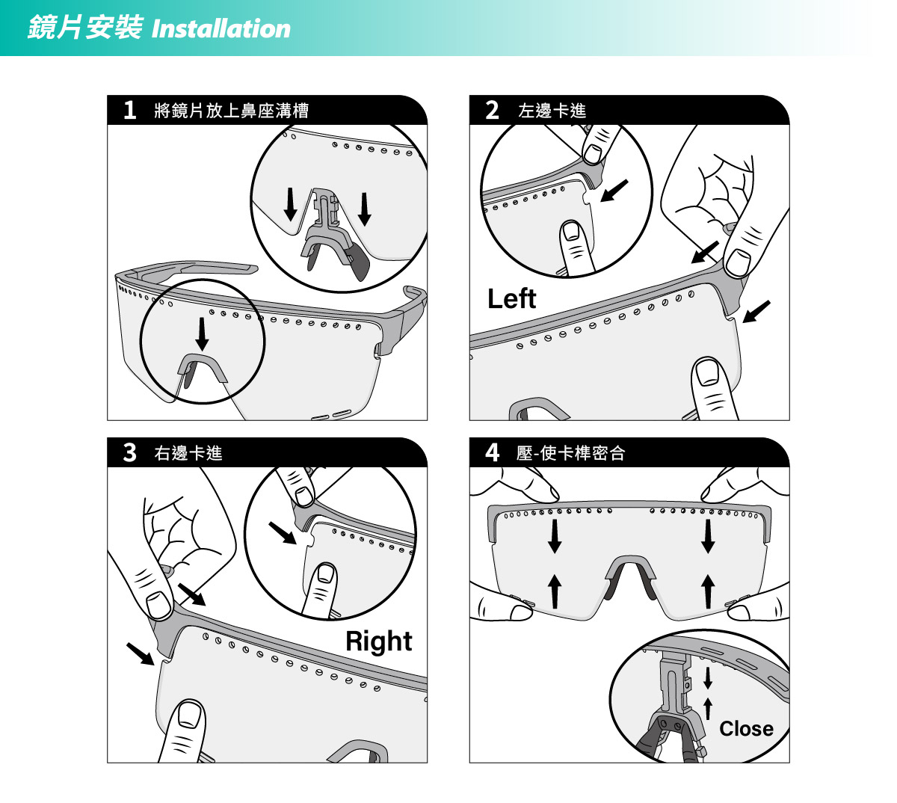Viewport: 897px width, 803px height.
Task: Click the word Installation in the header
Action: pos(221,29)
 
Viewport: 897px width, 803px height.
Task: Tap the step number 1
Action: pos(129,110)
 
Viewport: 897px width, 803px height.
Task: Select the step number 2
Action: pos(492,110)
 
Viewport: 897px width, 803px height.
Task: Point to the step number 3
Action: pos(129,452)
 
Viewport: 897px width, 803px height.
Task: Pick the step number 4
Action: pos(492,452)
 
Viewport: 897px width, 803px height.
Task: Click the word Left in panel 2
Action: pos(511,298)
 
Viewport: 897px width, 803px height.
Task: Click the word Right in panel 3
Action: pos(378,642)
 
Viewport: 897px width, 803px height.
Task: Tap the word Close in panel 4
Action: pos(746,728)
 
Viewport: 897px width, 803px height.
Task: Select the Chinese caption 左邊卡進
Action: pos(552,111)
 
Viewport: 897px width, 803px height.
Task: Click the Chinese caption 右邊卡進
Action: pos(188,452)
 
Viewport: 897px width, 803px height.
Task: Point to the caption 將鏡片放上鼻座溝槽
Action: pos(231,111)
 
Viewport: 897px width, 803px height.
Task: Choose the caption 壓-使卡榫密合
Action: pos(570,452)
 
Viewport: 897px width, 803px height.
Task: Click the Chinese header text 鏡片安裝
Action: pos(85,28)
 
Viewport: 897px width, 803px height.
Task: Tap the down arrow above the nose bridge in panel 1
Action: pos(202,334)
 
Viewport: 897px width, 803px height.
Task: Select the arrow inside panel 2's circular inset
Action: pos(614,191)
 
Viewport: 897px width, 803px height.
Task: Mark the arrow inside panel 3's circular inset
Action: pos(283,533)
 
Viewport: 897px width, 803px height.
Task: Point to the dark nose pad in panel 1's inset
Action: pos(358,263)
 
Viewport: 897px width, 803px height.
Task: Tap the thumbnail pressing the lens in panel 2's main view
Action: pos(707,372)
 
